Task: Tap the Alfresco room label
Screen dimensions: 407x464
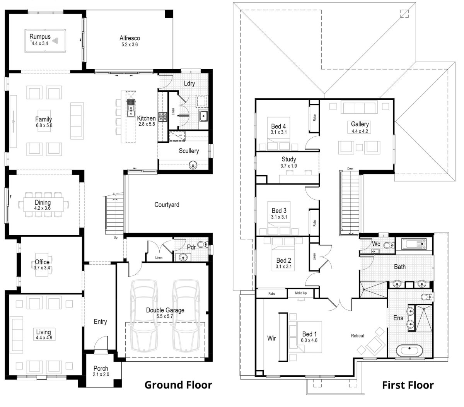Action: click(x=130, y=38)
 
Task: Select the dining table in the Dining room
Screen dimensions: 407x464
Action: click(x=43, y=205)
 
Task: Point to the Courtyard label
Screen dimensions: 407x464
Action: click(x=167, y=205)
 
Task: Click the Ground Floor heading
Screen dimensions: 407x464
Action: click(x=178, y=385)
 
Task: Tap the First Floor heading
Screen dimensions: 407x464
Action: click(x=408, y=385)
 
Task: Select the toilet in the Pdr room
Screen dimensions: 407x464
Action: click(x=202, y=245)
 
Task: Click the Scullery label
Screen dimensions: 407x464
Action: click(x=189, y=151)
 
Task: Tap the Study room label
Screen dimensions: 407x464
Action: click(x=289, y=159)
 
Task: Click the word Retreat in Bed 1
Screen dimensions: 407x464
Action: click(x=357, y=335)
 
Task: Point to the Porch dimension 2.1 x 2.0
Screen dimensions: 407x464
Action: click(x=101, y=375)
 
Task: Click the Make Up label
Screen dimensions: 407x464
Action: click(x=301, y=293)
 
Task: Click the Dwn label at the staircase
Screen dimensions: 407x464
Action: click(x=350, y=169)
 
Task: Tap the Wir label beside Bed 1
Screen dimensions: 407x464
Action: click(x=272, y=339)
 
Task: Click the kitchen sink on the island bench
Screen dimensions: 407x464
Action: click(x=131, y=105)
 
